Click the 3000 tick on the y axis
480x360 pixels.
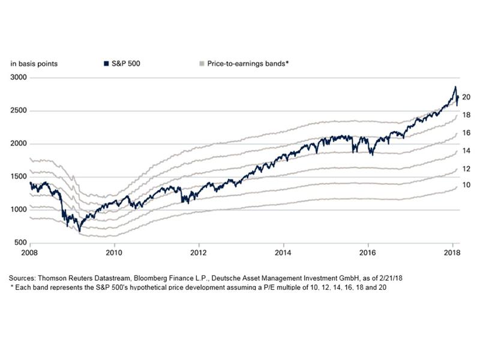18,78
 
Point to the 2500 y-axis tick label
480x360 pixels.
18,111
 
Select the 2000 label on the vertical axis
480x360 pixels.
18,144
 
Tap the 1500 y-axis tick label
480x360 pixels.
18,177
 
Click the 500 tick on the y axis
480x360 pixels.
20,242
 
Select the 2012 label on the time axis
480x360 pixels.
199,252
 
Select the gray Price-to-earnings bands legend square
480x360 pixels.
201,63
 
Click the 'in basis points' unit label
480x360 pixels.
34,63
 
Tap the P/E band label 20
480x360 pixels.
466,97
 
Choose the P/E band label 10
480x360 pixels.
466,185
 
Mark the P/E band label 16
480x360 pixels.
466,133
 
